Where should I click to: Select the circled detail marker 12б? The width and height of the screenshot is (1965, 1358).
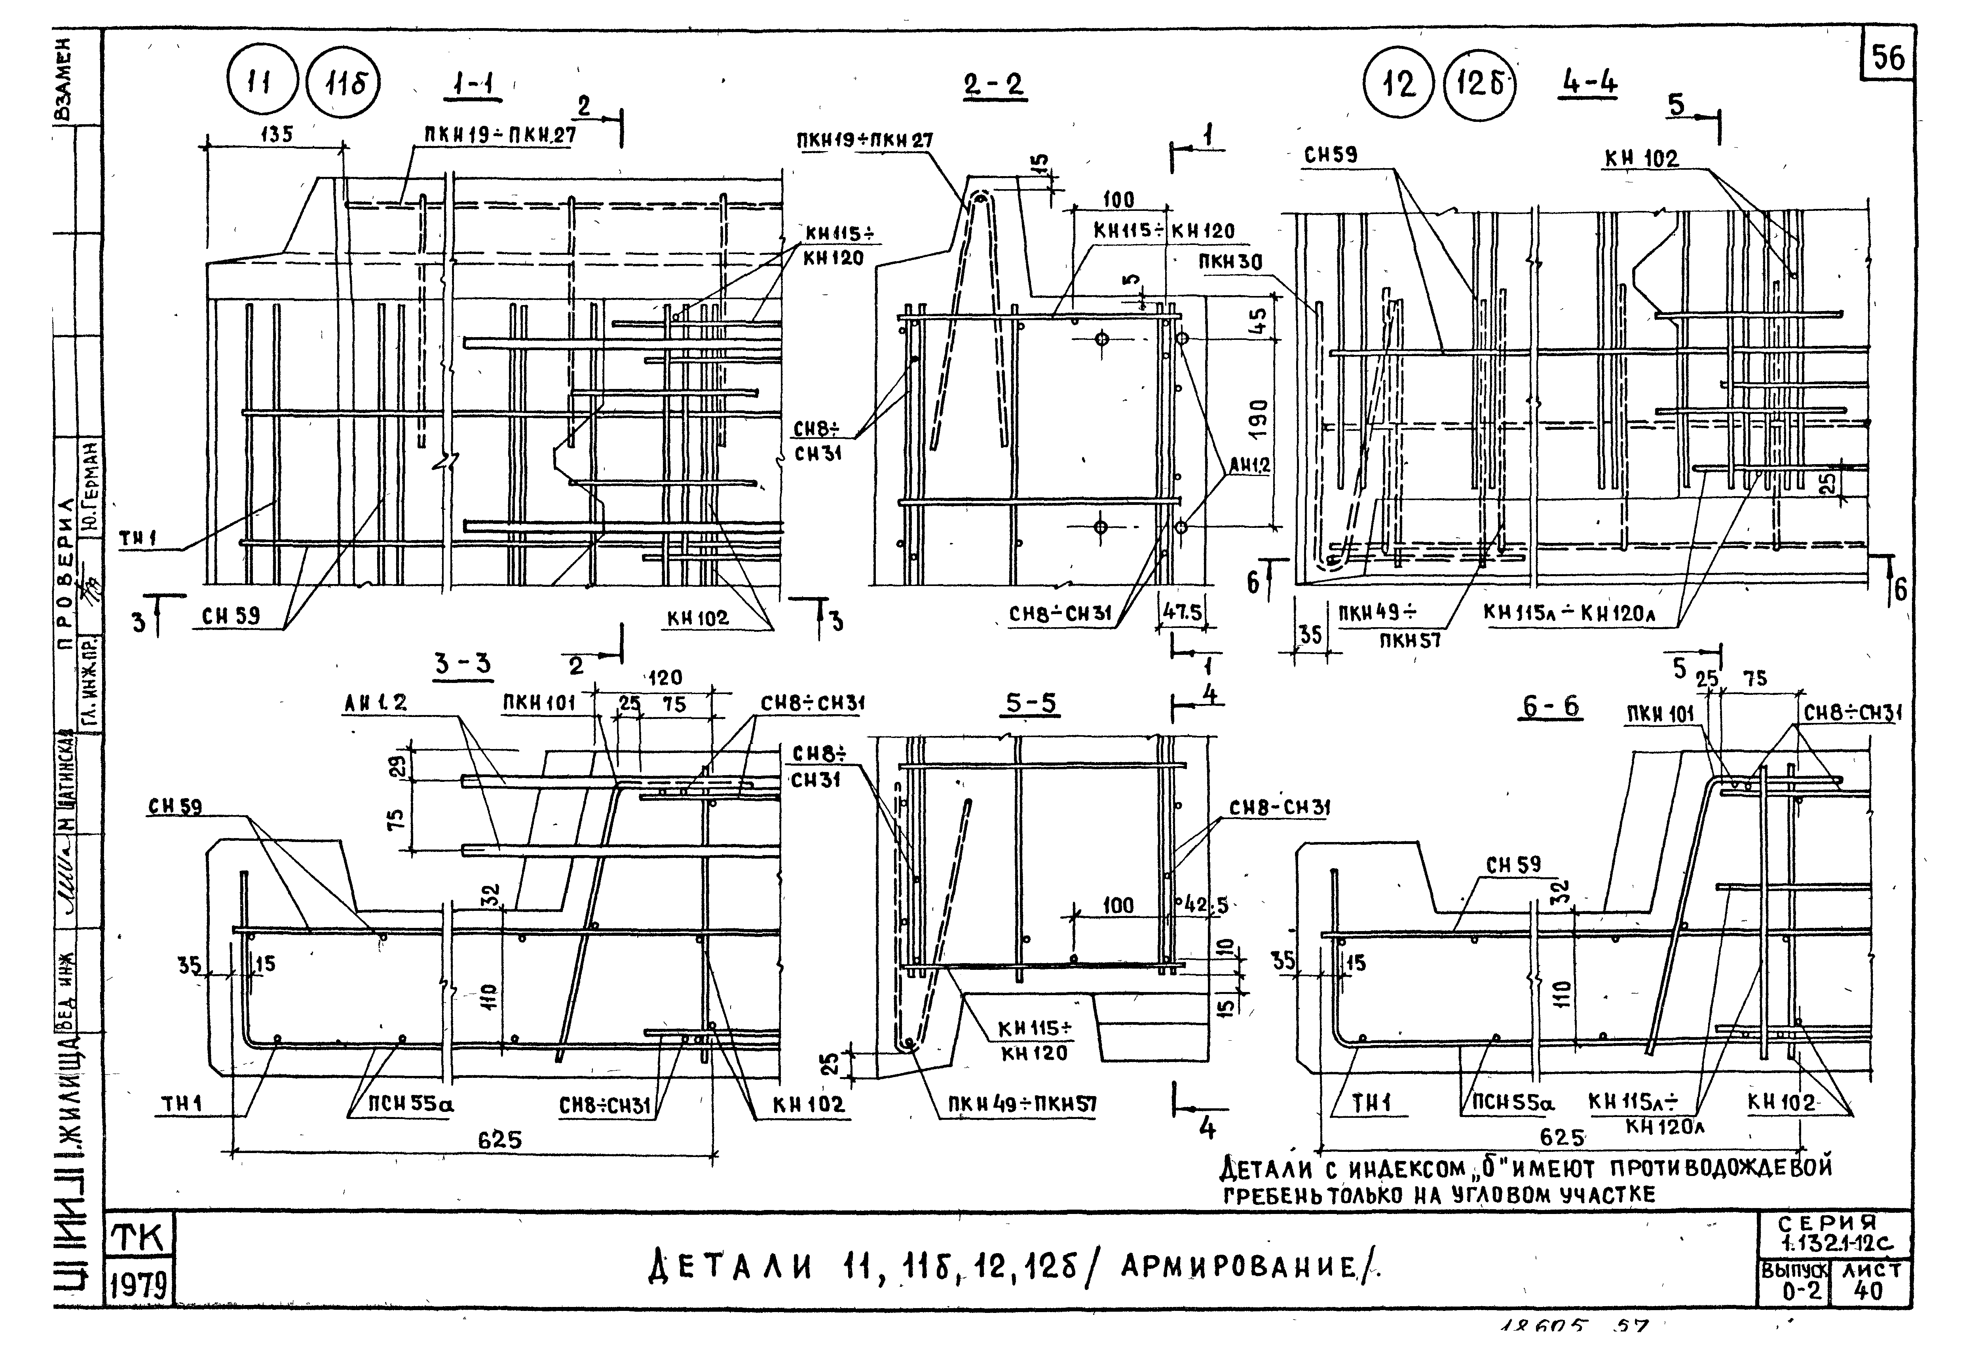(1479, 85)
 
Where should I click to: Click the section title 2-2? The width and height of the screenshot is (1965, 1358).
(994, 85)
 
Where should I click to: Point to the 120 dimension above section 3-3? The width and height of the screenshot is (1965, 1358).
(664, 678)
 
